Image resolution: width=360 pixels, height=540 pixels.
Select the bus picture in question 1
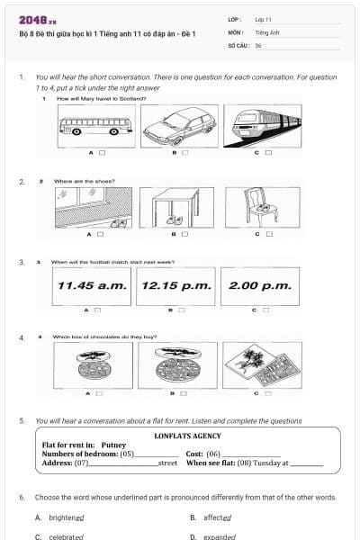94,126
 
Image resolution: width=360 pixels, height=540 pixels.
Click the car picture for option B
177,126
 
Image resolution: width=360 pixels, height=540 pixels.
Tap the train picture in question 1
262,126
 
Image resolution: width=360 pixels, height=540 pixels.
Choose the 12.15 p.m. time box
176,285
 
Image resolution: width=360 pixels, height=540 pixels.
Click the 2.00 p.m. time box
260,285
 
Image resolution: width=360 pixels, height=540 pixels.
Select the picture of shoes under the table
177,207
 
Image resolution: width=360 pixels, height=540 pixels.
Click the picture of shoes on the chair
262,207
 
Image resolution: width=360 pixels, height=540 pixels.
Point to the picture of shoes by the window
94,207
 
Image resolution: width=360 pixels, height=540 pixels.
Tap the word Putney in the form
113,445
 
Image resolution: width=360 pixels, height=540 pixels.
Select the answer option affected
215,517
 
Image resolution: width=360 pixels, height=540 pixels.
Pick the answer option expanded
217,536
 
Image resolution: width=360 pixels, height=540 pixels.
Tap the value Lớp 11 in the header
264,18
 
